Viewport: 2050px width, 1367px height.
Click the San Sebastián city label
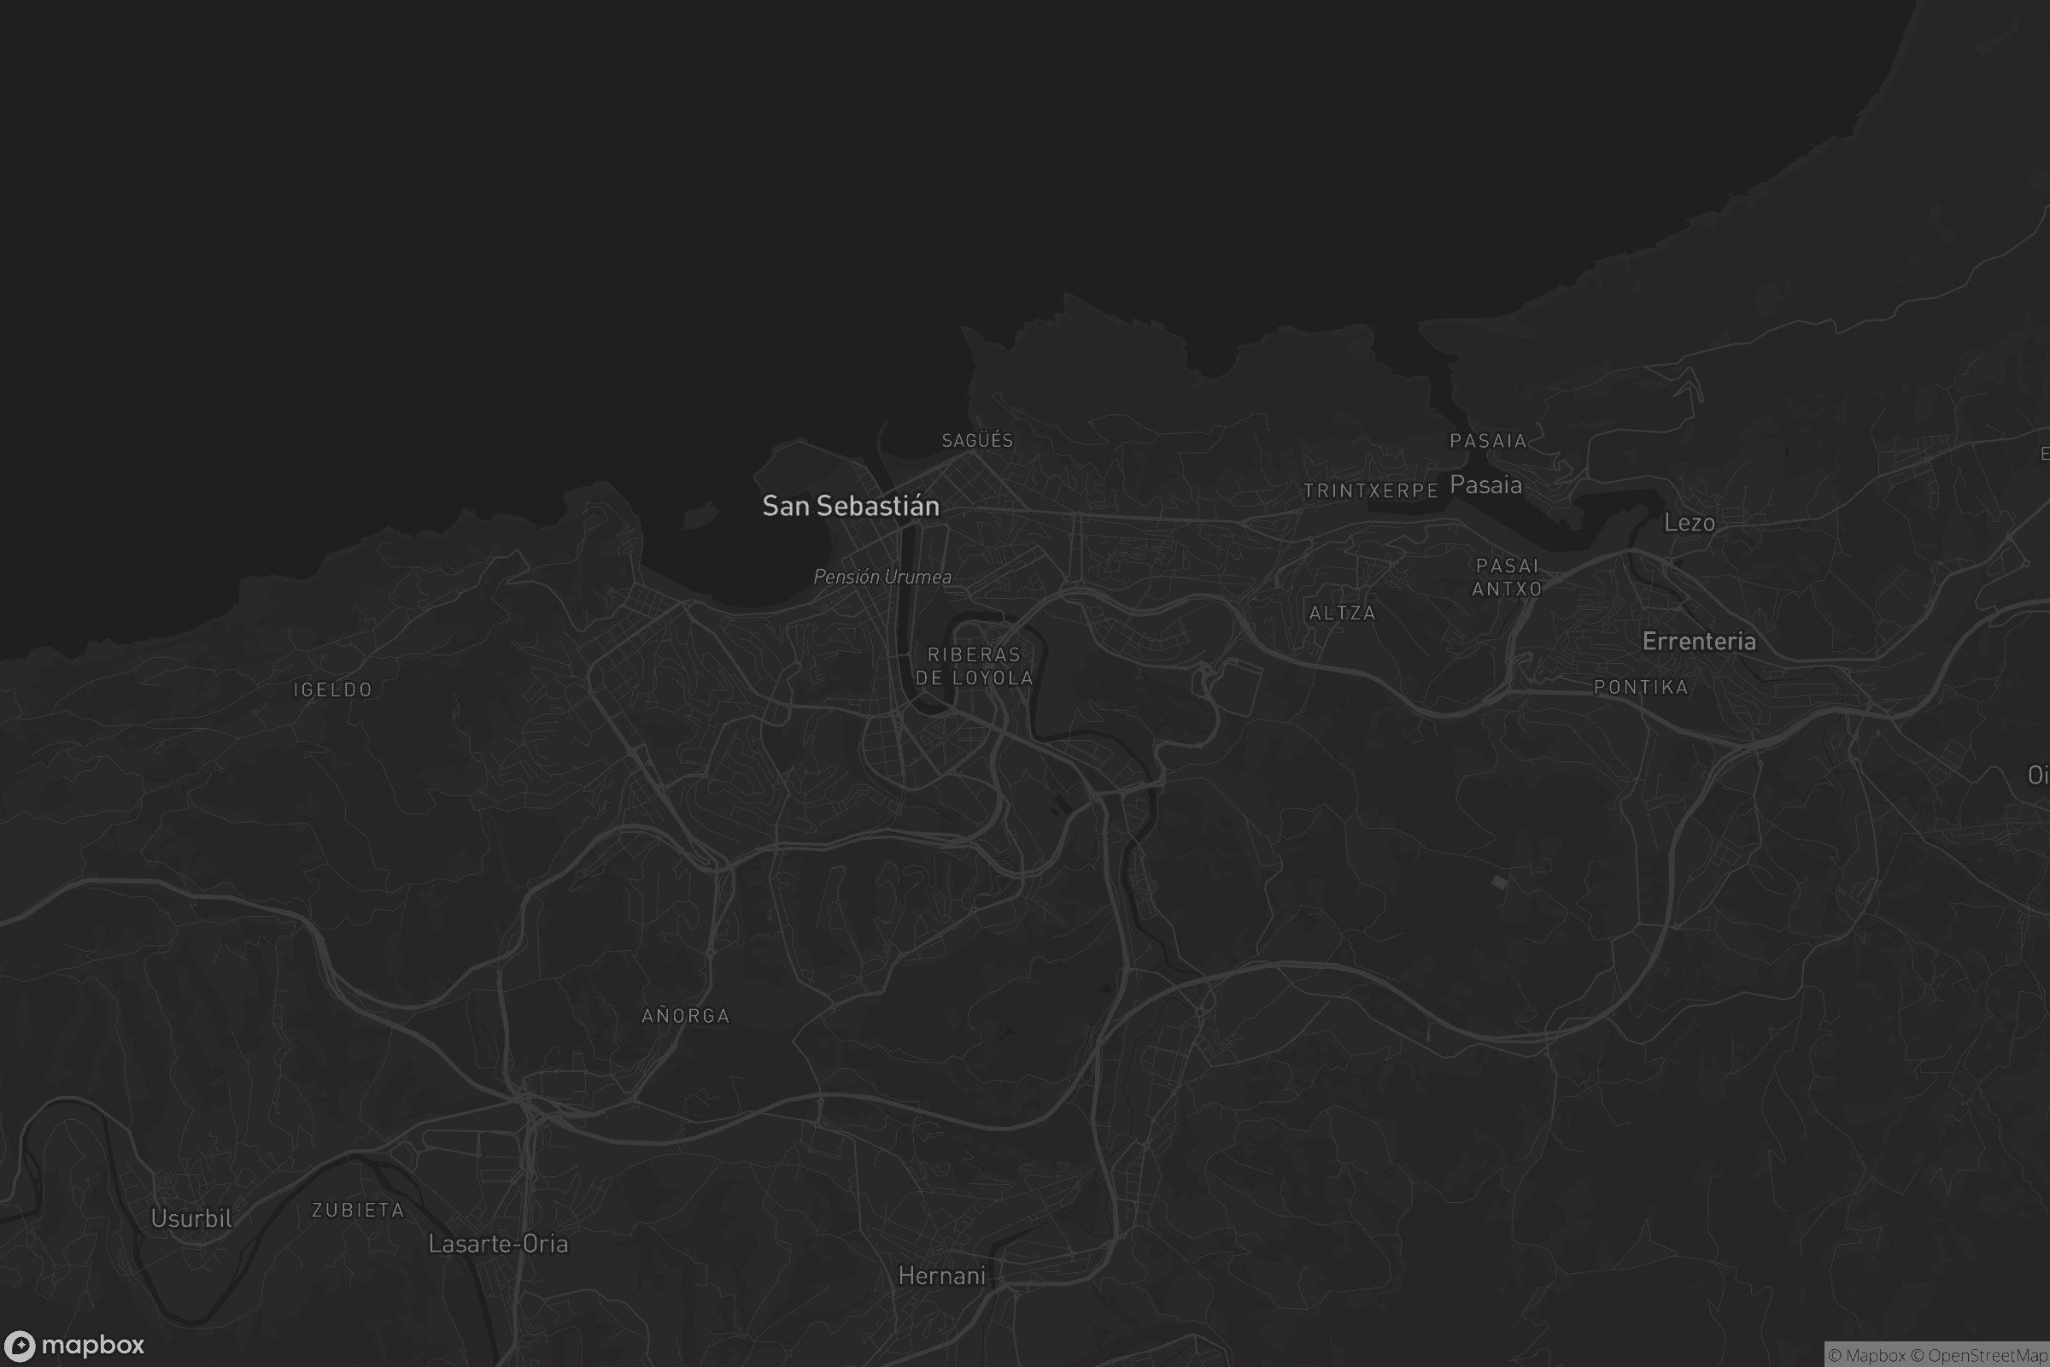[851, 506]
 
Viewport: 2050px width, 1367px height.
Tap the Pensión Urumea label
[882, 576]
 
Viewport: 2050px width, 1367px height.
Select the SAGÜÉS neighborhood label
[977, 440]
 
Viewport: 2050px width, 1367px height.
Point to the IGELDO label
[333, 689]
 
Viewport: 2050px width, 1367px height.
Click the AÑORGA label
[685, 1016]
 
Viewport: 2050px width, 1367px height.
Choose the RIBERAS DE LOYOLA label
[974, 666]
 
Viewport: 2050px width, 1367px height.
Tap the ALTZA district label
[1342, 613]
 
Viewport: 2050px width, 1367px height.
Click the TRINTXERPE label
[1370, 490]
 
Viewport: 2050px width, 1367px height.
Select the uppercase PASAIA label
[1488, 441]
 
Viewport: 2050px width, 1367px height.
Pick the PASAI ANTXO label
[1507, 578]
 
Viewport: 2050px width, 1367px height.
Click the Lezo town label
[1690, 522]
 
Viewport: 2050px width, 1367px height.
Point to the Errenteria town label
[1699, 642]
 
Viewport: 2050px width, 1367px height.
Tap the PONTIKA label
[1640, 687]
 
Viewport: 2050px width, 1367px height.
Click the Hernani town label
[941, 1276]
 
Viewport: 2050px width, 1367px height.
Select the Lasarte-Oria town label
[498, 1243]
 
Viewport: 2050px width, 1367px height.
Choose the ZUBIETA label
[357, 1210]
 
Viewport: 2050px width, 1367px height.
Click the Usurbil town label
[191, 1218]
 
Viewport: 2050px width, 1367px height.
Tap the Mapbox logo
[73, 1345]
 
